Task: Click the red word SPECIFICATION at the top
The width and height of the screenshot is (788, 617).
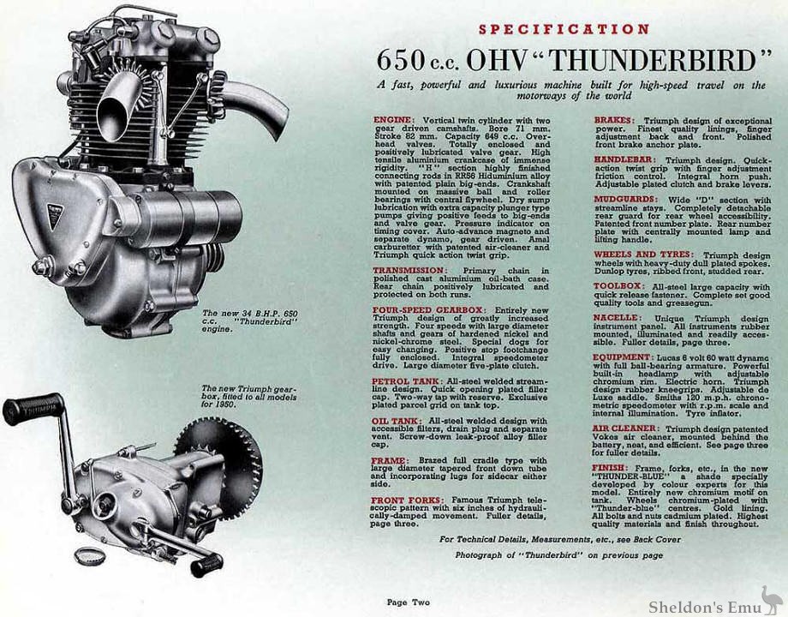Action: click(x=564, y=28)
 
